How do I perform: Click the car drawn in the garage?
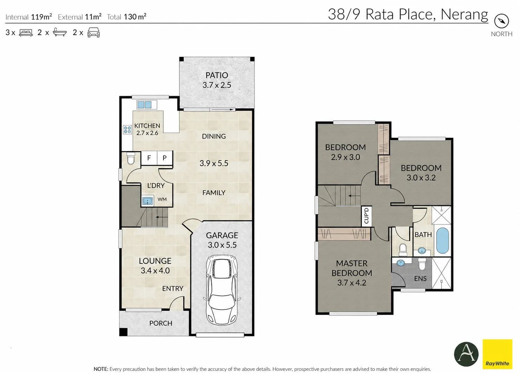click(x=222, y=290)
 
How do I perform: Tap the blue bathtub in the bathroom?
click(x=442, y=241)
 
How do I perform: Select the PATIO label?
click(x=217, y=75)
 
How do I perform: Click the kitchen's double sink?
click(x=144, y=105)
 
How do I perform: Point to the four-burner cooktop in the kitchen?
click(x=127, y=130)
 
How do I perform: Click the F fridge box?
click(x=149, y=158)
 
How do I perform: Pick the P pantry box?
click(x=165, y=158)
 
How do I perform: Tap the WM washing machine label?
click(x=162, y=199)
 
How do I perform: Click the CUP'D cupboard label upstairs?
click(x=367, y=216)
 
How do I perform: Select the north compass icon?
click(x=501, y=21)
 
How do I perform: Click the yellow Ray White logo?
click(x=497, y=354)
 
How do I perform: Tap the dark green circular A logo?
click(x=466, y=354)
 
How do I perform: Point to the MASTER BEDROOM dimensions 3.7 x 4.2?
click(x=352, y=283)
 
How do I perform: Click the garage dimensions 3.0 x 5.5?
click(x=222, y=245)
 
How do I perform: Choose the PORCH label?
click(x=161, y=323)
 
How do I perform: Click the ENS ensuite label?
click(x=420, y=279)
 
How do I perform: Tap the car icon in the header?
click(x=93, y=33)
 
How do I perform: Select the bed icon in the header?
click(x=26, y=33)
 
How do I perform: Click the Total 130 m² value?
click(x=135, y=17)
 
